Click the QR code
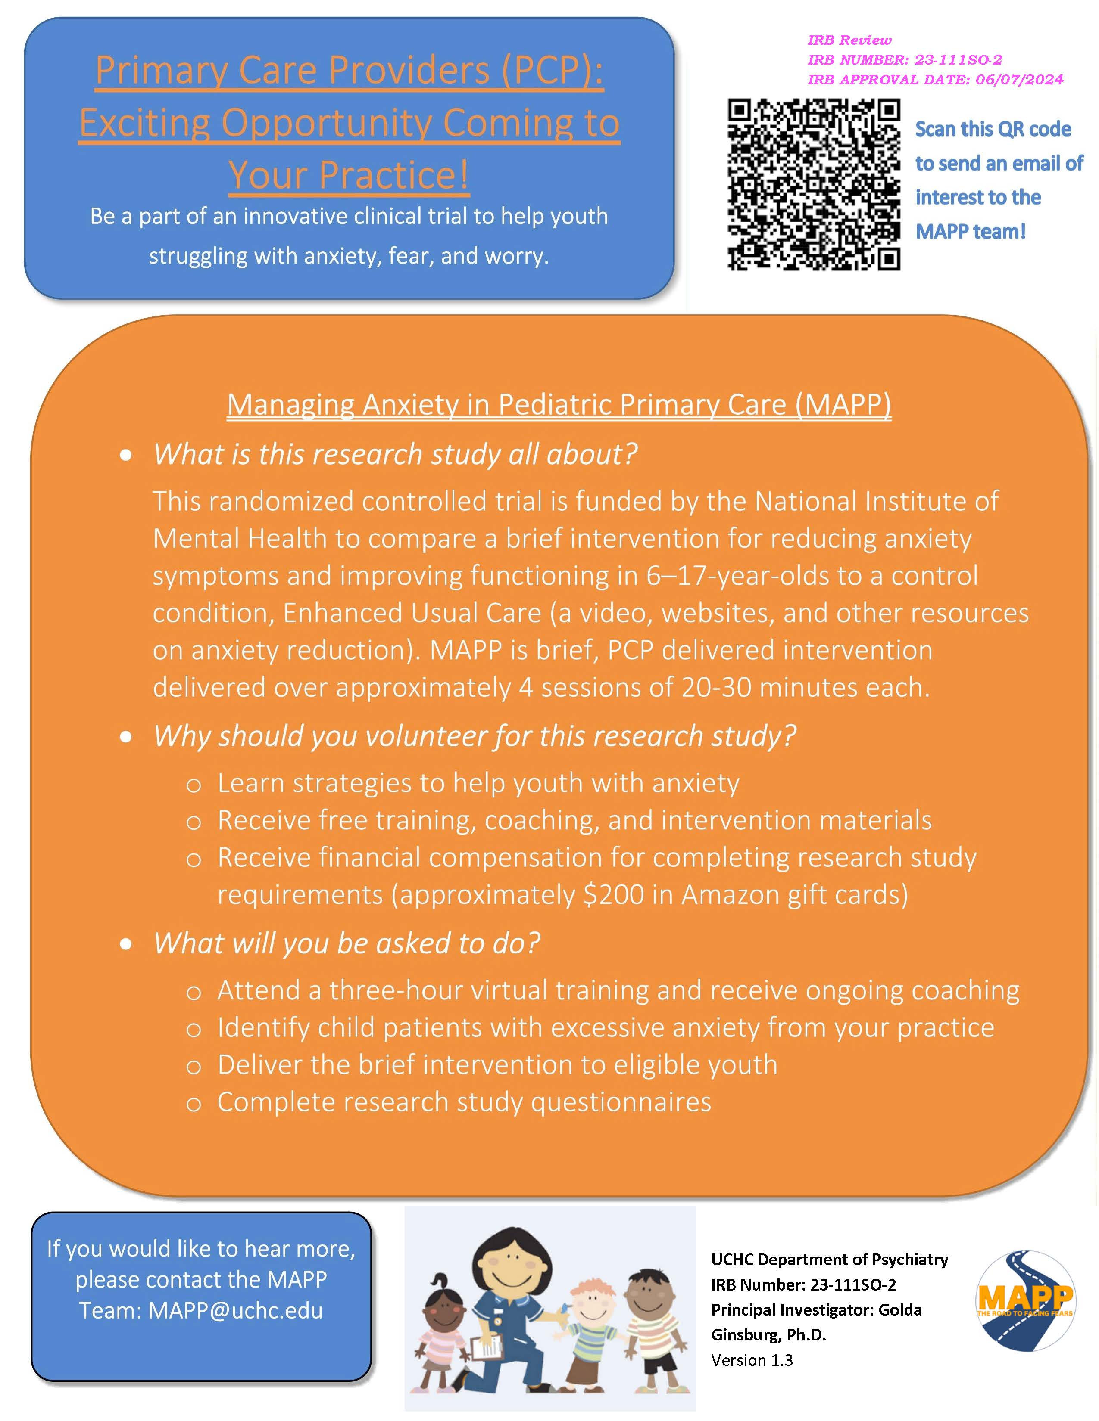click(814, 184)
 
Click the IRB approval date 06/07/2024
click(1019, 80)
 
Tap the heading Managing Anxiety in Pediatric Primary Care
click(559, 405)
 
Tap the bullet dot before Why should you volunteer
click(126, 737)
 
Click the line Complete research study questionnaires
click(464, 1102)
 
